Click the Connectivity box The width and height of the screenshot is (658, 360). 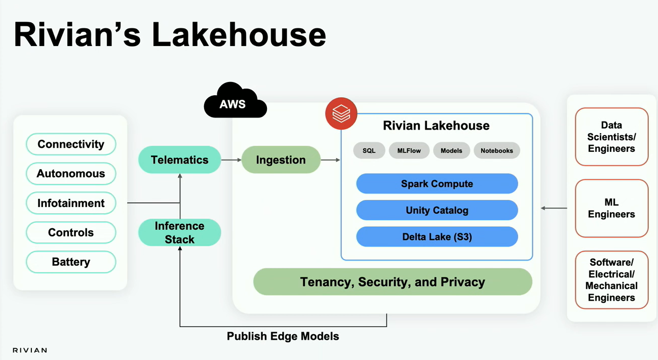(x=71, y=144)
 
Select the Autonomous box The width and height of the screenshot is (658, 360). (x=71, y=174)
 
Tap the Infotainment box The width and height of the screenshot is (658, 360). (x=71, y=203)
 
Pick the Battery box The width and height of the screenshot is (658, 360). (x=71, y=262)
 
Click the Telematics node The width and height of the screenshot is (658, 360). (x=179, y=160)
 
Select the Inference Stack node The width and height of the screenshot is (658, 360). (x=179, y=232)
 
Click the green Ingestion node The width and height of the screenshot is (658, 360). (x=281, y=160)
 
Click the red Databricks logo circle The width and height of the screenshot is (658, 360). (x=341, y=113)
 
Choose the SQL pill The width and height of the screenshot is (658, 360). (x=369, y=151)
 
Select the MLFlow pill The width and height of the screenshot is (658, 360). (x=409, y=151)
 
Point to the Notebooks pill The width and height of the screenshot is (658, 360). (x=496, y=151)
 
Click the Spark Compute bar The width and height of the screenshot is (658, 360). (x=437, y=184)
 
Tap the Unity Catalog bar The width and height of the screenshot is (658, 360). (x=437, y=210)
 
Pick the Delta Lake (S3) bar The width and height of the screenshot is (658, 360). (x=437, y=236)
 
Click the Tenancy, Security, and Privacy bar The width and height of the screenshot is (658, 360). (x=393, y=282)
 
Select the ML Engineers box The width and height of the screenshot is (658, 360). (x=611, y=208)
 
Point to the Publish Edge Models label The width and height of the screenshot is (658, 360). (x=283, y=336)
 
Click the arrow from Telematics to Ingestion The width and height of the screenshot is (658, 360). (x=231, y=160)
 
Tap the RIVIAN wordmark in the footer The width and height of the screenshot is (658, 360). (x=30, y=350)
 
